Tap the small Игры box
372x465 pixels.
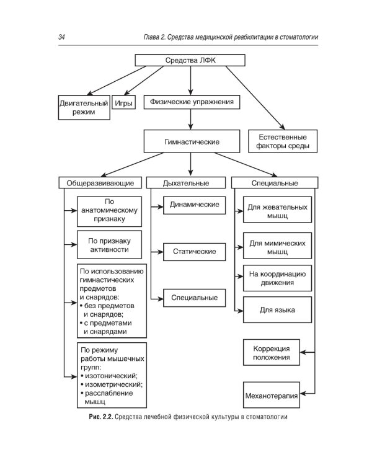(123, 103)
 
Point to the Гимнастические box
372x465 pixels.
(192, 141)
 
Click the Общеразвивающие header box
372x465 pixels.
(101, 183)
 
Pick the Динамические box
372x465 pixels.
(194, 204)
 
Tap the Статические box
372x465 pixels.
(194, 251)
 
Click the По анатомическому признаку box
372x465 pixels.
(111, 210)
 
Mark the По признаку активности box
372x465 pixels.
(111, 245)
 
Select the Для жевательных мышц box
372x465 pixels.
(277, 210)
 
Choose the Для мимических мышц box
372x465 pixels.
(277, 247)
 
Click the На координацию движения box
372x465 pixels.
(277, 278)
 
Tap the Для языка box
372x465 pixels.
(277, 309)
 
